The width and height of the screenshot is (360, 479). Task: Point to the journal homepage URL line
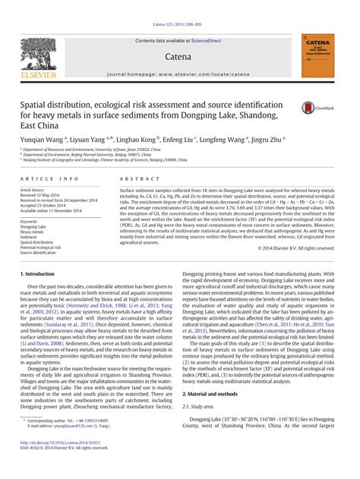point(179,74)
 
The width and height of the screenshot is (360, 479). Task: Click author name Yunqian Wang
point(43,140)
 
